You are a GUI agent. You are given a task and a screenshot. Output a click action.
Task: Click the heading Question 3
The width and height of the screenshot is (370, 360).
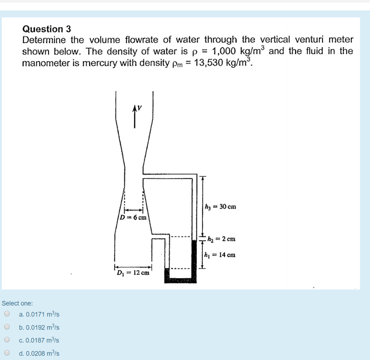47,29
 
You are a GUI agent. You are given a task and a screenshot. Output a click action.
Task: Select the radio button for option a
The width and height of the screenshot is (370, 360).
7,314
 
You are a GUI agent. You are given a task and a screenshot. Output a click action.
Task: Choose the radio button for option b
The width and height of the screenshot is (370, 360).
7,327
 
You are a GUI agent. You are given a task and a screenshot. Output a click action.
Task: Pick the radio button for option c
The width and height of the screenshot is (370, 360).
7,340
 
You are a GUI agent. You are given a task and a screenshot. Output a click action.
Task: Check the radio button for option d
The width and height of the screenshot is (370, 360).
7,353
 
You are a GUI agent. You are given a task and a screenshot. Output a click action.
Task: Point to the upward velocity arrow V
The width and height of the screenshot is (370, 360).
135,116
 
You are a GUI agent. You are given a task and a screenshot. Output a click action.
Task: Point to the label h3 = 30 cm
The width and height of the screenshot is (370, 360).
220,207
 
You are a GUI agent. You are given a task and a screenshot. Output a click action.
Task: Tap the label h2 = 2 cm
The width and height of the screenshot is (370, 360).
221,239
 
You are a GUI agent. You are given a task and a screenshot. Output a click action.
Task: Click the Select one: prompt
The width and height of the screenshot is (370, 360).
17,303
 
